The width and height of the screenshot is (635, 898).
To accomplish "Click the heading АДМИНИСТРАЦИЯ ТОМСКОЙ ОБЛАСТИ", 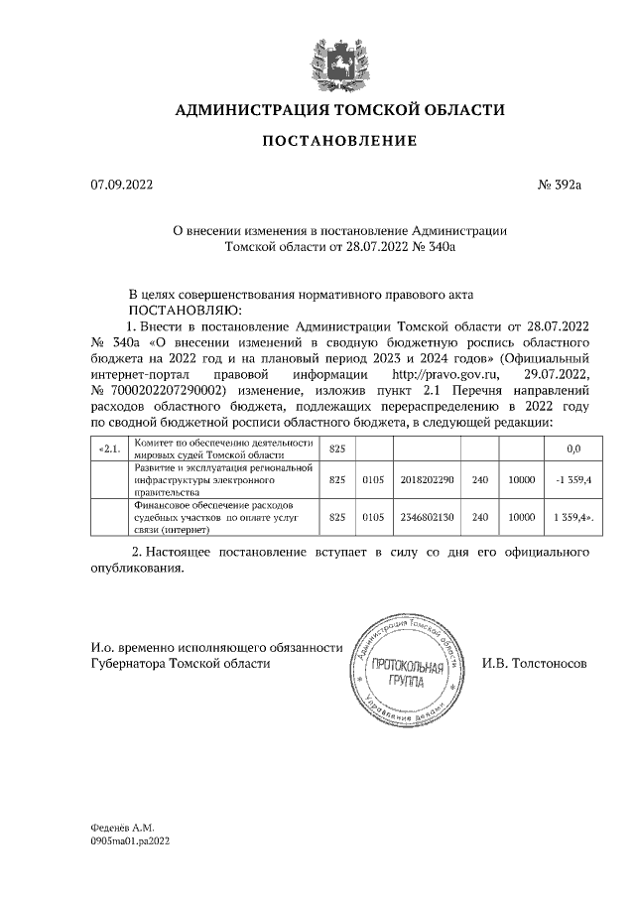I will click(339, 109).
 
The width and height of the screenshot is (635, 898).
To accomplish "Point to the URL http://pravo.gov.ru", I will click(449, 376).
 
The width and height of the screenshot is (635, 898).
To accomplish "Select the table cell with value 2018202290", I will click(428, 479).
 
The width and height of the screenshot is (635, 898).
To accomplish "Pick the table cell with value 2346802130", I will click(428, 517).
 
